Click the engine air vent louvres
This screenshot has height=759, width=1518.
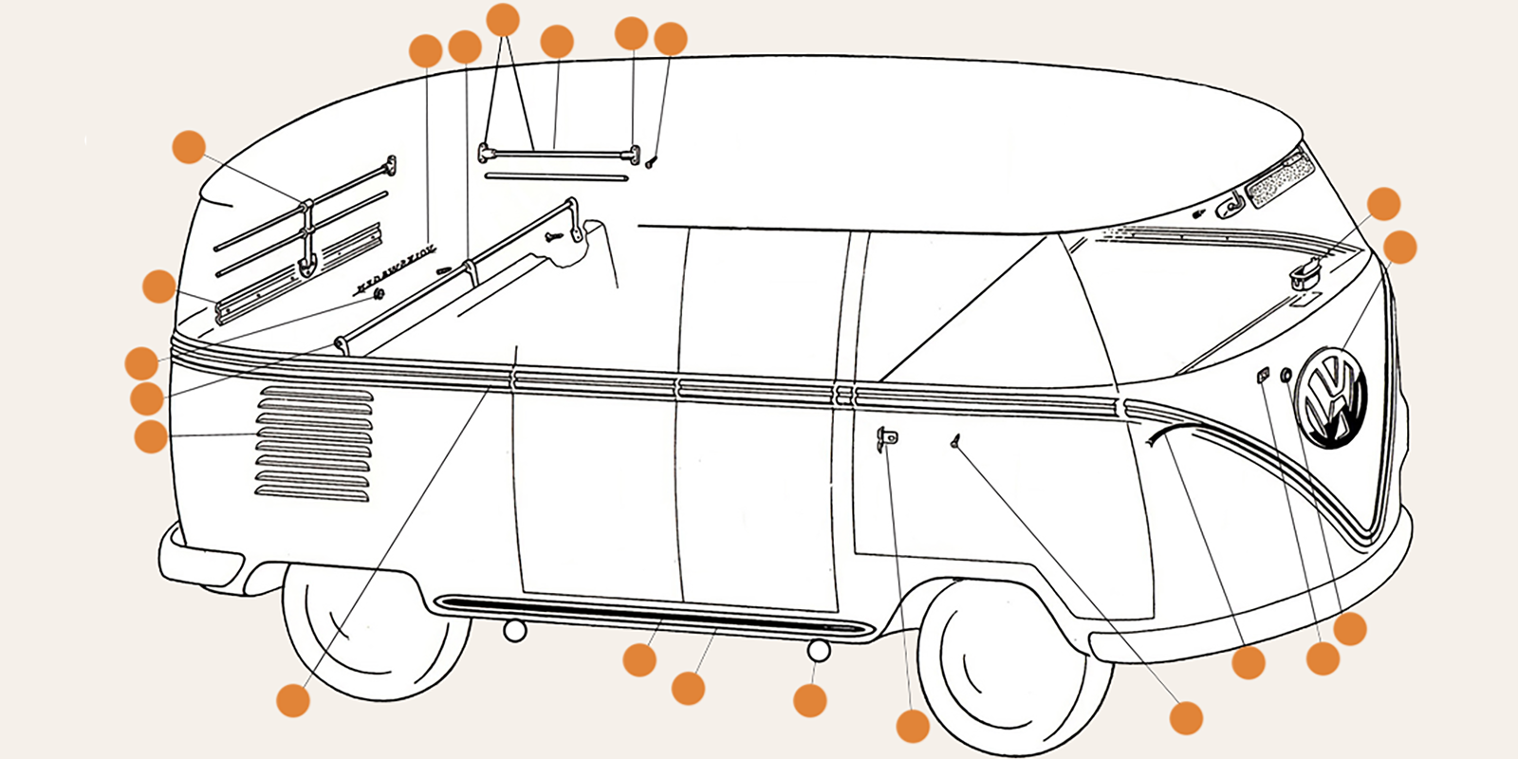313,443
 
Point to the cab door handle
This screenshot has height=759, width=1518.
887,438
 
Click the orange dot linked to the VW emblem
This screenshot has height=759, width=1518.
1400,247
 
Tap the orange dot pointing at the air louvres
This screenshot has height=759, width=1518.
151,436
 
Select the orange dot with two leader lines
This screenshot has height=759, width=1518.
503,19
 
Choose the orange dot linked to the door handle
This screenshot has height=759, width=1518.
913,726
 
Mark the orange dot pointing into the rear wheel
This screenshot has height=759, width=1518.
293,700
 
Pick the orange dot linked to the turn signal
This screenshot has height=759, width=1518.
1383,204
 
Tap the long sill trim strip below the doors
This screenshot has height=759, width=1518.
655,615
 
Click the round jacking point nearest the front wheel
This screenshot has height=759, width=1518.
819,650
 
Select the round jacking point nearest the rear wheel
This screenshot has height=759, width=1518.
515,630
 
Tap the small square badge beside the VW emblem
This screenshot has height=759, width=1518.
1263,376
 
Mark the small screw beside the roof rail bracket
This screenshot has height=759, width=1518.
651,163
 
